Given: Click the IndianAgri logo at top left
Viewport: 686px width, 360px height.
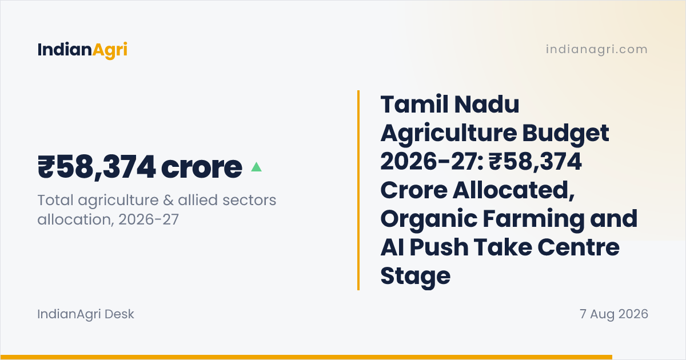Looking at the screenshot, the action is [x=82, y=50].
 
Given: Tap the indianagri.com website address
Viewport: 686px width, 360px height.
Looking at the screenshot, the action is [x=597, y=49].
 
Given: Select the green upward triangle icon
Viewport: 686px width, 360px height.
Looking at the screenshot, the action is [x=256, y=166].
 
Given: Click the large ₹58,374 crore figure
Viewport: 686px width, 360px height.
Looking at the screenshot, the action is [x=139, y=167].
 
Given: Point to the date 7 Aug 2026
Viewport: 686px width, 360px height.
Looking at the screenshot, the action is [x=614, y=314].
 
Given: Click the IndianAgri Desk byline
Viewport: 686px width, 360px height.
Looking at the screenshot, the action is [x=86, y=314].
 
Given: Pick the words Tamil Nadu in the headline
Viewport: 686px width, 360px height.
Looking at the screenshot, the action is [x=450, y=105].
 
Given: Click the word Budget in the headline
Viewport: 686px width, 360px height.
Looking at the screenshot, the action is [x=565, y=133].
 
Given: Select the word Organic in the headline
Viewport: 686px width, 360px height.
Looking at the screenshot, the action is [x=429, y=219].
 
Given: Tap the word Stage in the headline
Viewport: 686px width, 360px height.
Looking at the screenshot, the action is [x=415, y=277].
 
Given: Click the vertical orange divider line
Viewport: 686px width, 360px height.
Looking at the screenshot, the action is [x=358, y=190].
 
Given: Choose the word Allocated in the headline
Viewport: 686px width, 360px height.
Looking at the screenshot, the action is [x=513, y=190].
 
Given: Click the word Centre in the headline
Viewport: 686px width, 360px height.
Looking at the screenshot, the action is [x=578, y=247].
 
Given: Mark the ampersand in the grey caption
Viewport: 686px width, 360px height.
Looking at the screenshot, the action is [x=169, y=200].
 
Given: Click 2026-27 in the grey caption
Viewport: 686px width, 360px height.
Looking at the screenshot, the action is [x=149, y=219].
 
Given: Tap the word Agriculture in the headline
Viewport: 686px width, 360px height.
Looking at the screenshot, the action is [x=448, y=133].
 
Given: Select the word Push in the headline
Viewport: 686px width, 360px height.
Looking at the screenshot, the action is [x=439, y=247].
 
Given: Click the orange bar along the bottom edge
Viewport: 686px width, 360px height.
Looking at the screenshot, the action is [x=306, y=357].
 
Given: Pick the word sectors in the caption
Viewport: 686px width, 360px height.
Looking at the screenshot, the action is [x=249, y=201].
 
